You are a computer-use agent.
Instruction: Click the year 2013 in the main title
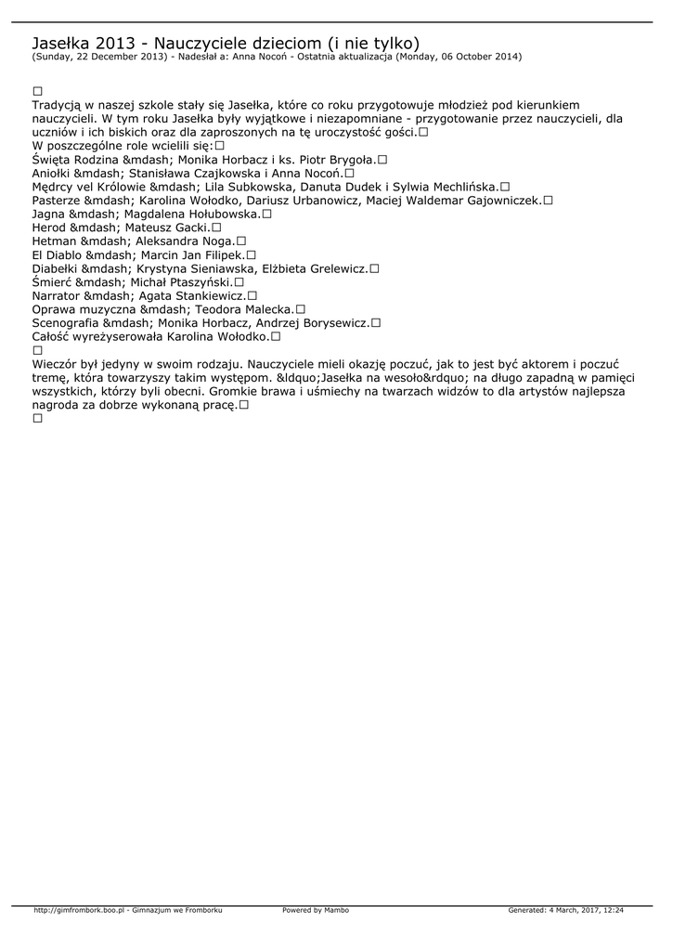click(112, 43)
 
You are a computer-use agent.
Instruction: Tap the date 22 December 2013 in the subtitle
click(114, 57)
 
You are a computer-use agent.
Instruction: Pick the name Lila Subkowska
click(250, 187)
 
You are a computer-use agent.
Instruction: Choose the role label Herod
click(49, 227)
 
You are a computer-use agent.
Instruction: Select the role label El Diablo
click(57, 254)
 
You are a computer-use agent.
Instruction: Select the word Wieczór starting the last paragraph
click(57, 364)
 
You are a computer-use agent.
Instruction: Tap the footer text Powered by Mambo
click(316, 910)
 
